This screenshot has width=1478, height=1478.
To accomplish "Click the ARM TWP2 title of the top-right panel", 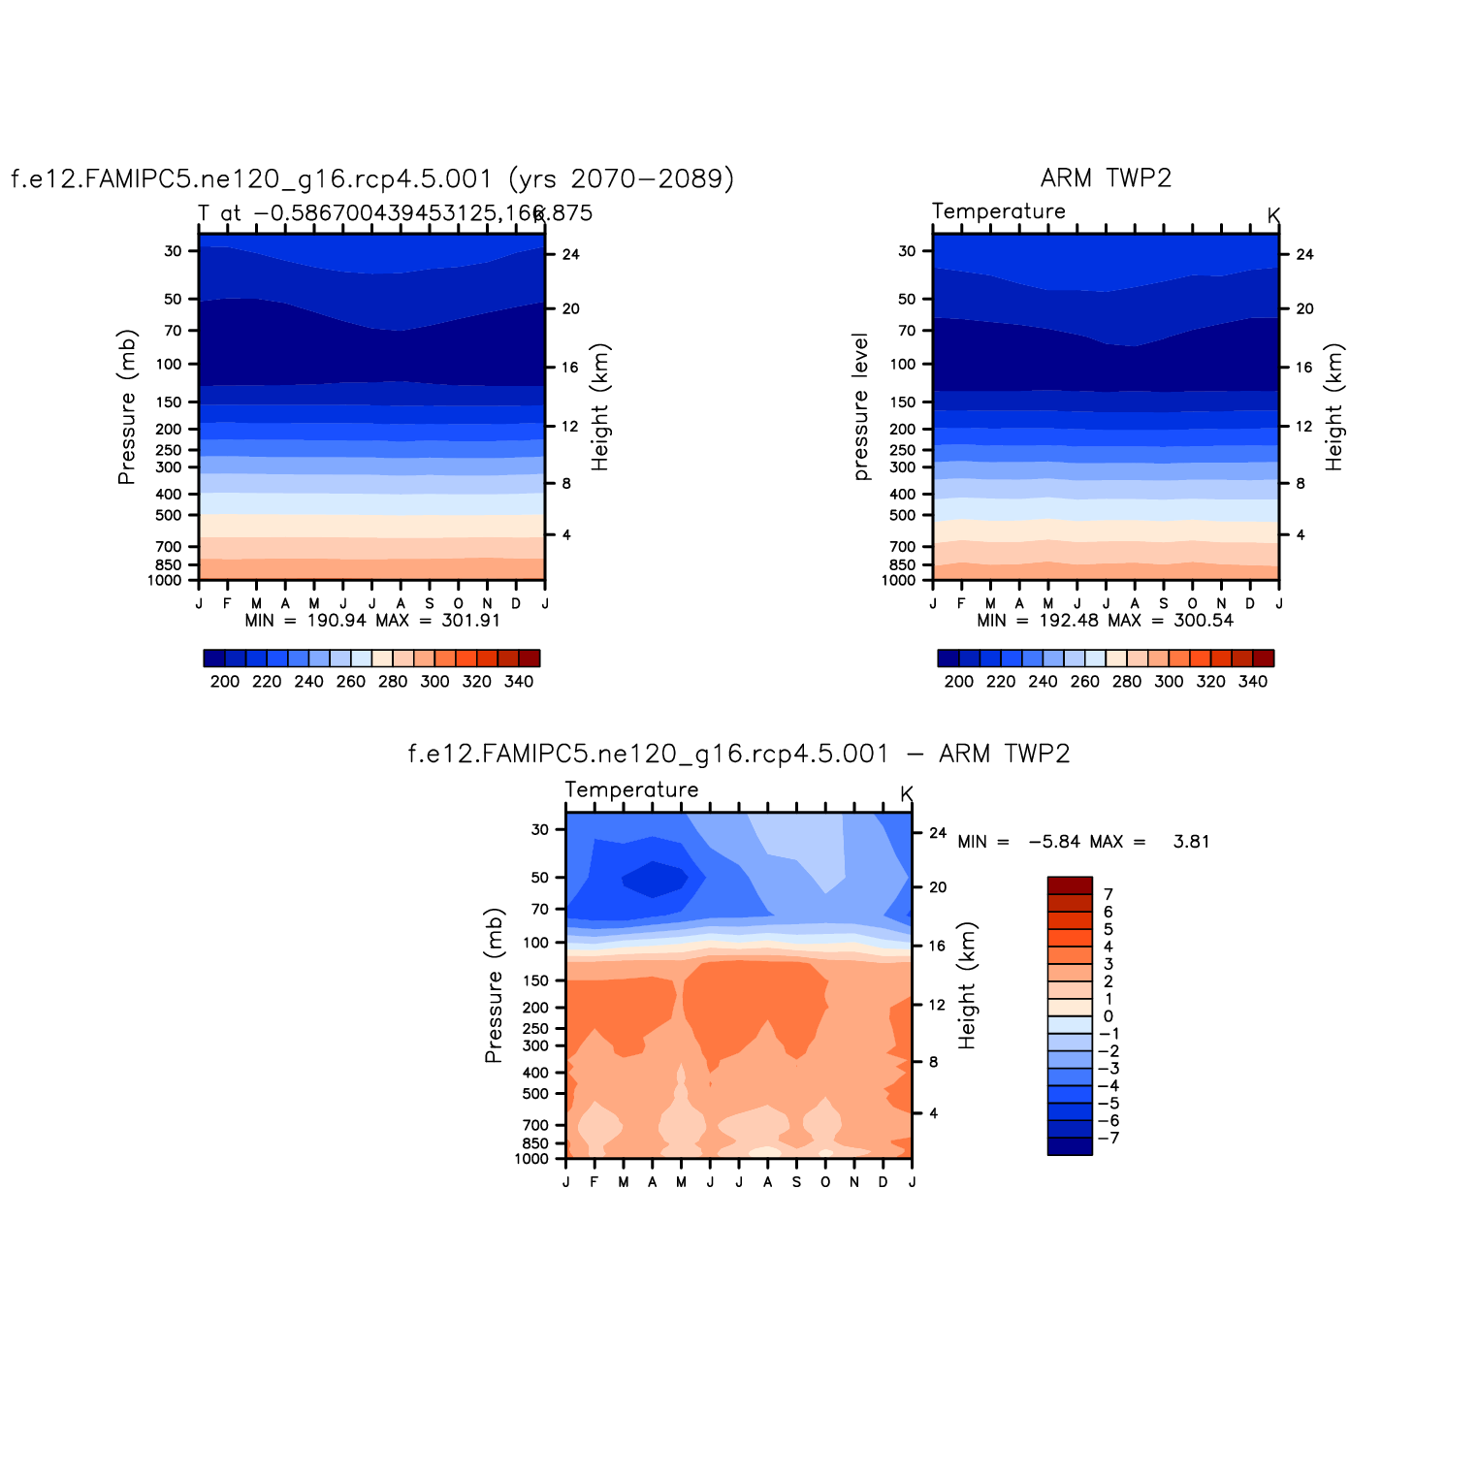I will [1106, 178].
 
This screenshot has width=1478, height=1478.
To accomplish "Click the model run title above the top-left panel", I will [372, 179].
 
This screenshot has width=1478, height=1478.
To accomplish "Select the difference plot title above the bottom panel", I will [739, 755].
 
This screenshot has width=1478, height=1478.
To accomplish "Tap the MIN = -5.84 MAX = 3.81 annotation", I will [1083, 842].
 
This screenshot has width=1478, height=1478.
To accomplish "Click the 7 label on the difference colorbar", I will [1108, 894].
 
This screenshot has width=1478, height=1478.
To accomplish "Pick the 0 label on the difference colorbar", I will [1108, 1016].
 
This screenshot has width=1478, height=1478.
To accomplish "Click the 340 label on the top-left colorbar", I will [519, 682].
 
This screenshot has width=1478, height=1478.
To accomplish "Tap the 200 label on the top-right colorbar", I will [958, 682].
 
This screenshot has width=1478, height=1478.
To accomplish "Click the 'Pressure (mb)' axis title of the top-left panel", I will [127, 407].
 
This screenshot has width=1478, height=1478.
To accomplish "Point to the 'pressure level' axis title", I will [860, 407].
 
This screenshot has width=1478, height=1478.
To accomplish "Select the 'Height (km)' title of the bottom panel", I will [967, 985].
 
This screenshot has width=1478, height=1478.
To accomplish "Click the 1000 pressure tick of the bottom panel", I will [532, 1159].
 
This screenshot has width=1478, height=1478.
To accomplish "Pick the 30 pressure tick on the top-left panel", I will [174, 251].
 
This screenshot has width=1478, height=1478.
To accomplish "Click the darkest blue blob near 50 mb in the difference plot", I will [653, 879].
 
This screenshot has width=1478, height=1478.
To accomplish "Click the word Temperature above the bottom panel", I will [631, 790].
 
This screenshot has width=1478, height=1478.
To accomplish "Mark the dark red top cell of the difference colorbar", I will [1070, 885].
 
